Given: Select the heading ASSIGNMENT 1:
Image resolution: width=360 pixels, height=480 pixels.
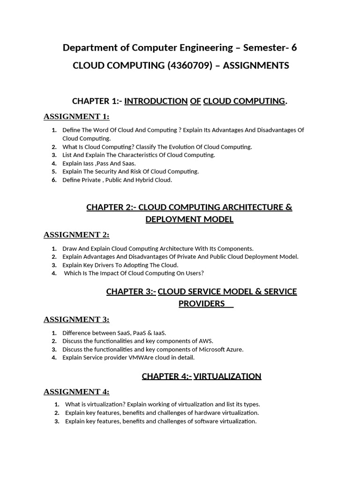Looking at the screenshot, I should (x=76, y=117).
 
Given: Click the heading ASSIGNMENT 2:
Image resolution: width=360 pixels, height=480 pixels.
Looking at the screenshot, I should (x=76, y=235).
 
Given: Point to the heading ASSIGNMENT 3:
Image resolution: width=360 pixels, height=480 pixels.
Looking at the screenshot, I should (x=76, y=320).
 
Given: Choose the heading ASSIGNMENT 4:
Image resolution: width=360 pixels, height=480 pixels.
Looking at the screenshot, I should (x=76, y=392).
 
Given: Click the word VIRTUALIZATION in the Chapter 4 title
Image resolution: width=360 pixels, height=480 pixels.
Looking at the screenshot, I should (x=227, y=376).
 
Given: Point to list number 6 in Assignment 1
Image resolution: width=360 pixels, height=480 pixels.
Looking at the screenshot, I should (x=54, y=180).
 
